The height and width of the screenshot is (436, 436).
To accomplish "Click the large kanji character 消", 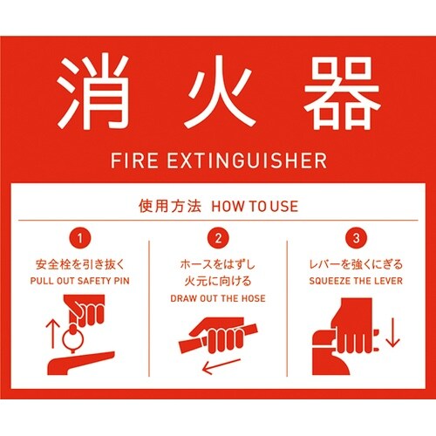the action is [93, 92].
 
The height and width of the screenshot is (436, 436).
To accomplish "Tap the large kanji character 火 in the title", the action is [220, 92].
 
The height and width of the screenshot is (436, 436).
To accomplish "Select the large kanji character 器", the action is [343, 92].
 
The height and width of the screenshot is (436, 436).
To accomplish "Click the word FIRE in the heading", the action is [134, 160].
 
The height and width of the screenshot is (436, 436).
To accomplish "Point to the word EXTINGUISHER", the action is [247, 160].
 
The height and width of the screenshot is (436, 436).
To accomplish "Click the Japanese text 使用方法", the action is [170, 206].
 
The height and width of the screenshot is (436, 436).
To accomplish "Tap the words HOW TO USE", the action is [255, 206].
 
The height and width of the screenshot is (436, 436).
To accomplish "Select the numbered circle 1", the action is [80, 238].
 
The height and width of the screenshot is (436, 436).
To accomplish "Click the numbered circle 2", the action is [218, 238].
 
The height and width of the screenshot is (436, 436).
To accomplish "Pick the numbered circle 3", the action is [356, 238].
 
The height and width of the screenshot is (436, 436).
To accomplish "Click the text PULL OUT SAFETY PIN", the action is [80, 281].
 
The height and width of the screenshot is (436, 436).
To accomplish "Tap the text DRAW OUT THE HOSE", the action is [218, 298].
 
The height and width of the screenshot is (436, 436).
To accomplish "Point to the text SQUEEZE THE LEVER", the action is [356, 281].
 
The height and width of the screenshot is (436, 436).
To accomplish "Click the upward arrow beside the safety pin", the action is [52, 334].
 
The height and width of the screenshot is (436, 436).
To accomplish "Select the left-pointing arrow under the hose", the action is [221, 366].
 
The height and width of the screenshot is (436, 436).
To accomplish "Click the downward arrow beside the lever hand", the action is [392, 332].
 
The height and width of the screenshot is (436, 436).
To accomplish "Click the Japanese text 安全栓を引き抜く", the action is [80, 264].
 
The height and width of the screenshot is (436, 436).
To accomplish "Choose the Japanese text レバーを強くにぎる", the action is [356, 264].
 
